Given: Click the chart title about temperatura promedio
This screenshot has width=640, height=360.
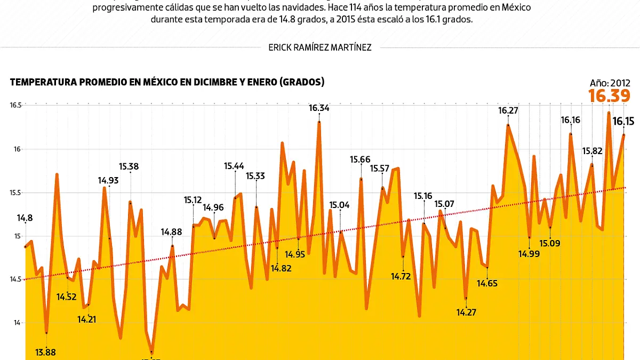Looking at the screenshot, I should point(167,82).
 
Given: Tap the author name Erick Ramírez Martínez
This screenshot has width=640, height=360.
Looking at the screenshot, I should point(320,47).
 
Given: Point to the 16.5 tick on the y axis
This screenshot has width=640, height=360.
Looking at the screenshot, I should point(15,106).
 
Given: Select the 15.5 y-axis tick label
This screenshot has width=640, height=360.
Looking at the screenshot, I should point(15,193).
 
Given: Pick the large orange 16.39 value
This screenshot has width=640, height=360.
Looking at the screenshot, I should point(610,96).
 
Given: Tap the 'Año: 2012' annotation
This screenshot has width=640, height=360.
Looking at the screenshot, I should point(610,83).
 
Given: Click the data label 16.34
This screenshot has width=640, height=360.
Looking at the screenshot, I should point(319,108).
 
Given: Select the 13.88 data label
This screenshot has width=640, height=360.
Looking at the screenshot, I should point(45,351).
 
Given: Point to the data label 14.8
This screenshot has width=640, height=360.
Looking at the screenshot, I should point(25,218).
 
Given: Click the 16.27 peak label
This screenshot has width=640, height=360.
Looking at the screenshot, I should point(508,111).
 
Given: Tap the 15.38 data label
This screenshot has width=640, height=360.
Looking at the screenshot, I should point(129,166).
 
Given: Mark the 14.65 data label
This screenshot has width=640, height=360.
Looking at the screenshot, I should point(486,283).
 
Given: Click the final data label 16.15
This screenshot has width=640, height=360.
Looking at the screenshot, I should point(623,122).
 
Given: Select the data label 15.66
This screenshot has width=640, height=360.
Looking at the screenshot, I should point(360,159).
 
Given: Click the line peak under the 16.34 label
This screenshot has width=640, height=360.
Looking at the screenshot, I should point(319,122).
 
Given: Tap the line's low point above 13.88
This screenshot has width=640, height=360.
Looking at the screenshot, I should point(46,333).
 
